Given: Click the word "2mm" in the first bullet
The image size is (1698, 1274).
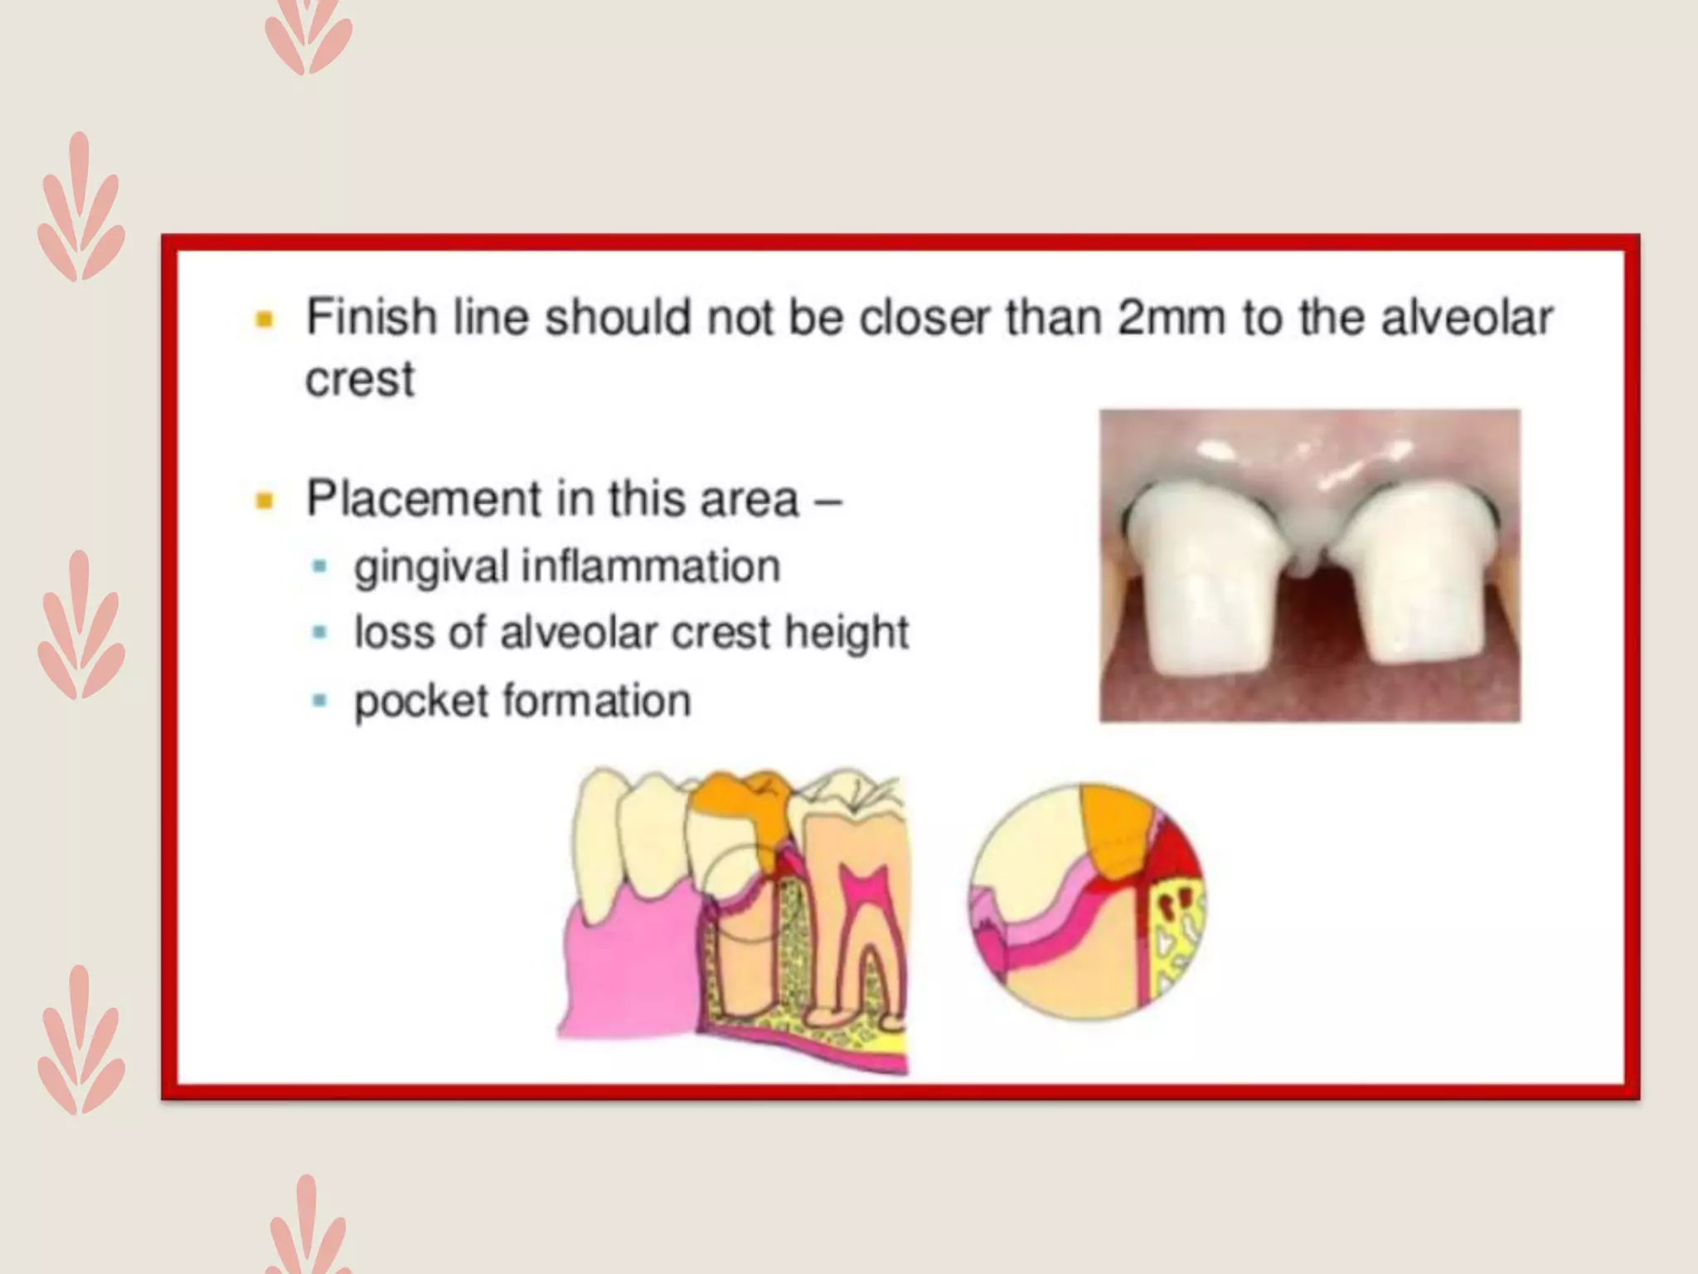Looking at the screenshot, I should click(1170, 318).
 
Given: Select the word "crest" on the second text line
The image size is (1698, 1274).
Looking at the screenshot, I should click(359, 380).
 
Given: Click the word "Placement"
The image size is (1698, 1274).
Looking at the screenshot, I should click(424, 499).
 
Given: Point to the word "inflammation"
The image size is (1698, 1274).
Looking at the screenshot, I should click(651, 567).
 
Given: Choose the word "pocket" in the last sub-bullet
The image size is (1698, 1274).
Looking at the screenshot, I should click(421, 702).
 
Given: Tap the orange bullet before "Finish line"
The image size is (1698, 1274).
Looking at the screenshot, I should click(264, 318).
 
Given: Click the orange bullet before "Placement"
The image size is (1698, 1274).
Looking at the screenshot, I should click(264, 500).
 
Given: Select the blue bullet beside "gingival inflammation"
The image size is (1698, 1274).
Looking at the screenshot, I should click(319, 567).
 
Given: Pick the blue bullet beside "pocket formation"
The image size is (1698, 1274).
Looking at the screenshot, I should click(319, 701).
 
